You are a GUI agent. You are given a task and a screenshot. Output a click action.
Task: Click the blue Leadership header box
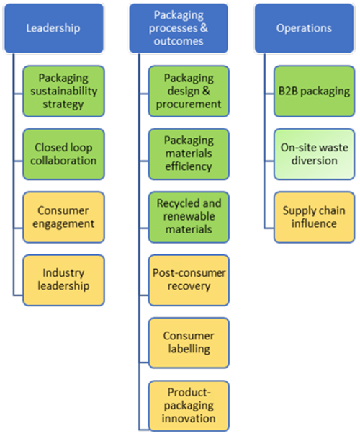(x=53, y=28)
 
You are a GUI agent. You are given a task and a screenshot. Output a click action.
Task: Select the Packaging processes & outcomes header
(x=179, y=28)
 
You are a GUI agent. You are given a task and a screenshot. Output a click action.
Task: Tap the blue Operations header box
(x=304, y=28)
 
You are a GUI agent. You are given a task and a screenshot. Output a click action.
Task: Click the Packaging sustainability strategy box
(x=63, y=91)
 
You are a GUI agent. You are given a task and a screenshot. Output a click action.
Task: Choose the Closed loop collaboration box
(x=63, y=154)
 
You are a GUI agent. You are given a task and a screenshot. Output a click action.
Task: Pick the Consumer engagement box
(x=63, y=216)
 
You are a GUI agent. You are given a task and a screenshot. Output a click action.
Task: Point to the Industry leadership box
(x=63, y=280)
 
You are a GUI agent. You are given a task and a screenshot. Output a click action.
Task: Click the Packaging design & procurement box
(x=189, y=91)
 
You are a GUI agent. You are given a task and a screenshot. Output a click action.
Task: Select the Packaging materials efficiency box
(x=189, y=154)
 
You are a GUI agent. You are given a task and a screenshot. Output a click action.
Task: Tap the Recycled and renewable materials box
(x=189, y=216)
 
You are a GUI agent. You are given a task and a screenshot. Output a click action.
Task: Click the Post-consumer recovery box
(x=189, y=280)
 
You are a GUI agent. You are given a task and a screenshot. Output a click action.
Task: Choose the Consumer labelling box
(x=189, y=342)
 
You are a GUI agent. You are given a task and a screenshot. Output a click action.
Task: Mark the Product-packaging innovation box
(x=189, y=405)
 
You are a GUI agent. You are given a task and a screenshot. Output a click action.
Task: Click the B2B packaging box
(x=315, y=91)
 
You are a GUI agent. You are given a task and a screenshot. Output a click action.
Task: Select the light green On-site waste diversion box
(x=315, y=154)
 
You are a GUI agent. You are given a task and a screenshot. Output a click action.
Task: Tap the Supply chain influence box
(x=315, y=216)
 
